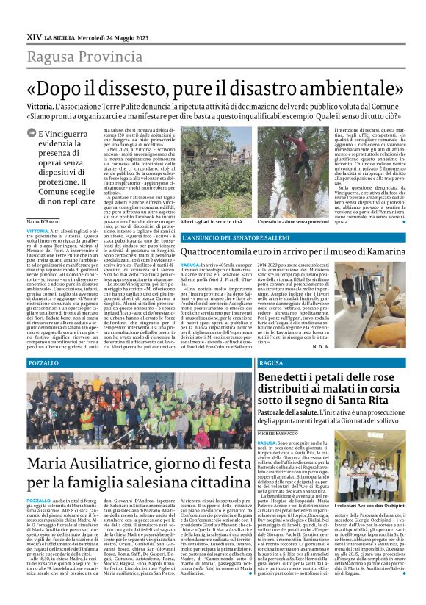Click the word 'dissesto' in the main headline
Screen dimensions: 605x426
click(x=156, y=87)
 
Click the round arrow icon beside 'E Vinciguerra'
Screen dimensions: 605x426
click(x=31, y=133)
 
